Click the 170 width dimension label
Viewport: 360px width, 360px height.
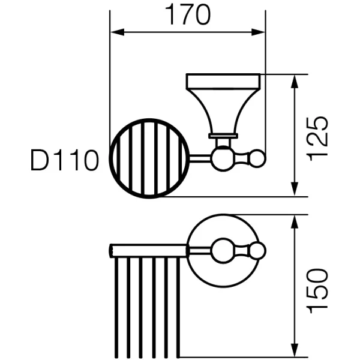[188, 15]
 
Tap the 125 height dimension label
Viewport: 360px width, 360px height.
[317, 139]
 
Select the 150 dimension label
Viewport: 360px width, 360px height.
[317, 291]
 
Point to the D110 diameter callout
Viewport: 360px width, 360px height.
[65, 160]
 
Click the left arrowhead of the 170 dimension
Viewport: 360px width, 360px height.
[118, 32]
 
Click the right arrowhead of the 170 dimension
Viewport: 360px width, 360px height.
[258, 32]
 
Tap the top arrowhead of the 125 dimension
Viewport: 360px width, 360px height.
[295, 82]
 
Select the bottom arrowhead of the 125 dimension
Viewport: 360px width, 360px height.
[295, 190]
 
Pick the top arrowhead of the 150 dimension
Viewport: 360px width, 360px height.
[295, 222]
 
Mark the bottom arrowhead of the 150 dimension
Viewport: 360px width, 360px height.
[295, 350]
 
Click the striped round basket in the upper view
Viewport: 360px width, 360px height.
[149, 158]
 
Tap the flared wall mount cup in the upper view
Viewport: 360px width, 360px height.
[223, 111]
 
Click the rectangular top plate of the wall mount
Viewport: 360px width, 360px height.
[223, 81]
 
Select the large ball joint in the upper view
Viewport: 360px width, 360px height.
[223, 158]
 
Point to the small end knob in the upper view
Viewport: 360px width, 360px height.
[257, 158]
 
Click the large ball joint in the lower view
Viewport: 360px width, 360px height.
[223, 250]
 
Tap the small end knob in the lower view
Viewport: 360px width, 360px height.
[257, 250]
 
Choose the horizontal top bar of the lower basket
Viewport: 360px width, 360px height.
[148, 251]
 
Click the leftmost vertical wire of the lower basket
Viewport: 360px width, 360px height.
[116, 308]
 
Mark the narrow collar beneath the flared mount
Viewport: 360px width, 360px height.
[223, 136]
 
